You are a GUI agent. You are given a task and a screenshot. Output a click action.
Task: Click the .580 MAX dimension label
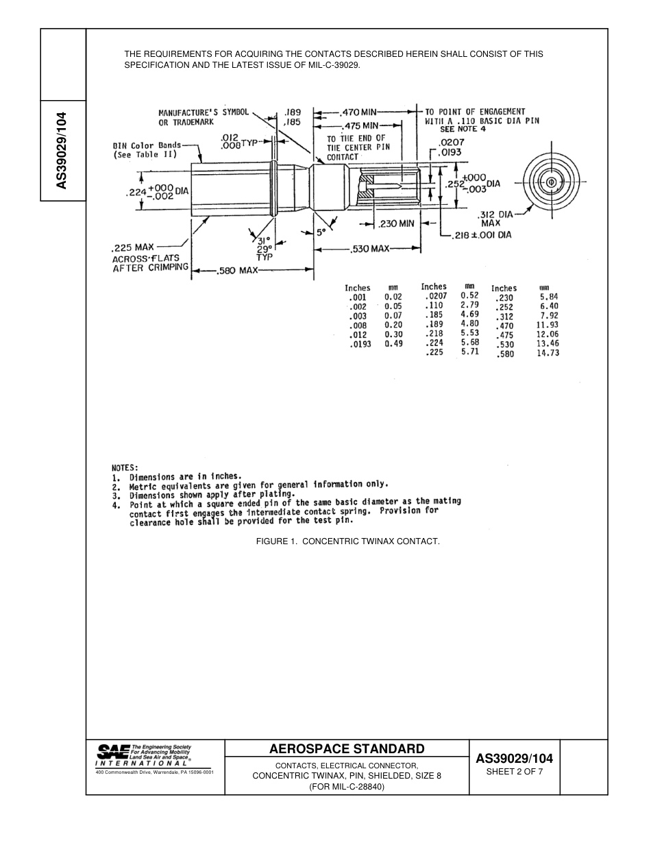tap(238, 271)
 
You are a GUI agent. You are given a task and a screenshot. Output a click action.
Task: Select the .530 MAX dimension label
tap(370, 249)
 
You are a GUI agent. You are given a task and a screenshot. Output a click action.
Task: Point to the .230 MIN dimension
tap(397, 223)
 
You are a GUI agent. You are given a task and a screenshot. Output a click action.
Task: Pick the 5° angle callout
tap(320, 232)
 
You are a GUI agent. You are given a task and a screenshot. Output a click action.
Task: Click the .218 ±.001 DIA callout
tap(482, 235)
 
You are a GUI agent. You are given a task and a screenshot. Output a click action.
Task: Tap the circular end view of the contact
tap(551, 182)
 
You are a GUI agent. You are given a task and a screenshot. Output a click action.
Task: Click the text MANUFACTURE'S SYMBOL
tap(204, 112)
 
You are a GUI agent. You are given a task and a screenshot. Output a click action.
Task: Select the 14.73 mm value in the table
tap(548, 353)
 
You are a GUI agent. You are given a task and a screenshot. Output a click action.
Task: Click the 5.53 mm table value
tap(469, 333)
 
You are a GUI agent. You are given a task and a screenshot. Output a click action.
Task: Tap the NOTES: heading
tap(125, 467)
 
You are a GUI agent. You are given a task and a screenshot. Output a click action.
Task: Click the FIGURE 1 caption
tap(347, 541)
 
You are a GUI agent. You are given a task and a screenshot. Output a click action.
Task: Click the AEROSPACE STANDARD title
tap(347, 748)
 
